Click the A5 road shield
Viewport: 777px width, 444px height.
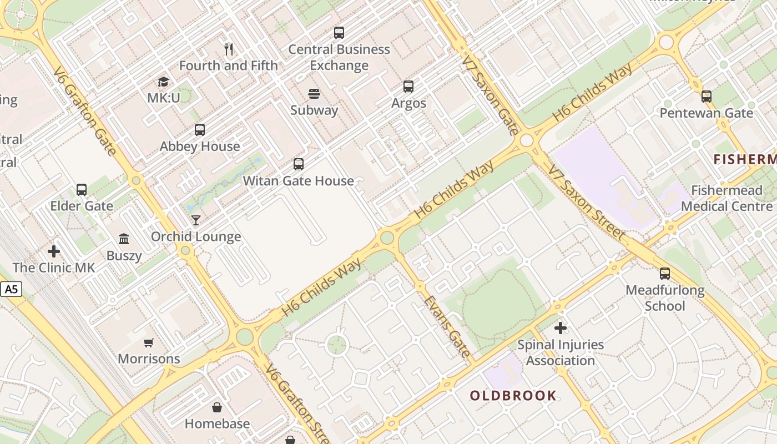(x=11, y=289)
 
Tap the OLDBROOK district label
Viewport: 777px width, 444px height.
(x=513, y=396)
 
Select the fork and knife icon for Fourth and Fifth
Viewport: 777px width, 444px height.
(x=229, y=49)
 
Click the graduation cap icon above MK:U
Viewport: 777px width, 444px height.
(x=163, y=82)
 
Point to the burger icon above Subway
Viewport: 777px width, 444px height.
(x=314, y=93)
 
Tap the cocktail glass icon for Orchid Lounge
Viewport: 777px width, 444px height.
(x=196, y=220)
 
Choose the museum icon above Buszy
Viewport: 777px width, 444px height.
(x=124, y=239)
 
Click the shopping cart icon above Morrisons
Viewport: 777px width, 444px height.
(x=148, y=342)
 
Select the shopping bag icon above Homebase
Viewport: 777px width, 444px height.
(x=217, y=407)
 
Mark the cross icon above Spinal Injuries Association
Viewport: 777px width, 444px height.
(x=561, y=328)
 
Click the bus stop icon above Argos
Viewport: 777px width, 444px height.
(x=408, y=87)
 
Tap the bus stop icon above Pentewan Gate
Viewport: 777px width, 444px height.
(x=706, y=97)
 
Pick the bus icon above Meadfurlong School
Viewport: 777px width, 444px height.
(x=665, y=273)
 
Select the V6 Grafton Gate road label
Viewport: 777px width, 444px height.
(x=85, y=111)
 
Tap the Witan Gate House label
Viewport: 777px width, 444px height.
(x=298, y=181)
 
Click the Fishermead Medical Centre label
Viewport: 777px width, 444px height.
(x=726, y=199)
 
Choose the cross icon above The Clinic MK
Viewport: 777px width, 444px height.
(x=54, y=251)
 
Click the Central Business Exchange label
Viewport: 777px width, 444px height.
(x=339, y=57)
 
